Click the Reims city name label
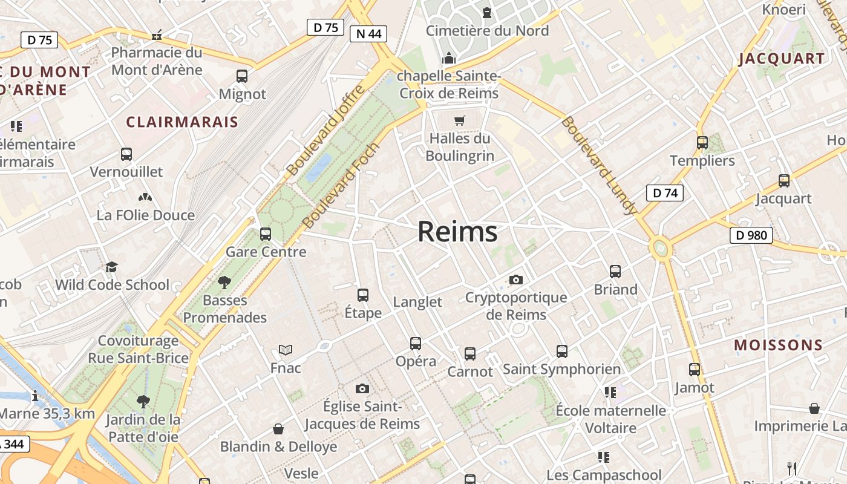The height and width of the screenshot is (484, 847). point(457,232)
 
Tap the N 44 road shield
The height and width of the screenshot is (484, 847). point(368,34)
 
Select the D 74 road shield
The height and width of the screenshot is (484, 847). point(665,193)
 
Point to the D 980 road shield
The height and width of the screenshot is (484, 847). point(751,235)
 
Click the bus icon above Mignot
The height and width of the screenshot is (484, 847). point(242,76)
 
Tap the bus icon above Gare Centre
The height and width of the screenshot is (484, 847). point(266,234)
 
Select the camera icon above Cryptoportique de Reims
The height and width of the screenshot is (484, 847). point(515,280)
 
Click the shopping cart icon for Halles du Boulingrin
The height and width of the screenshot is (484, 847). point(460,120)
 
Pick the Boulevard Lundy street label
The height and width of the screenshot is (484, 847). point(599,165)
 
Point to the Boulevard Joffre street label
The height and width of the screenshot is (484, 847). point(326,131)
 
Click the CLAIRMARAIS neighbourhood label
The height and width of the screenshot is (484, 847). point(182,122)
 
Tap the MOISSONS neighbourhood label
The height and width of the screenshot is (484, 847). point(779,345)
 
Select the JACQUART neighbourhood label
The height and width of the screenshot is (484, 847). point(782,59)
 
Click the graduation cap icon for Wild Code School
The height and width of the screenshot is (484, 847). point(112,267)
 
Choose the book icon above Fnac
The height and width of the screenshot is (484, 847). point(286,350)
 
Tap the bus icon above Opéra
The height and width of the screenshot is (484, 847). point(416,344)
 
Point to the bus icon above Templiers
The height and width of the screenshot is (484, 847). point(702,143)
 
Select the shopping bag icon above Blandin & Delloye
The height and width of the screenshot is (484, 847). point(278,429)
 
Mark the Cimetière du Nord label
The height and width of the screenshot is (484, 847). point(487,30)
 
